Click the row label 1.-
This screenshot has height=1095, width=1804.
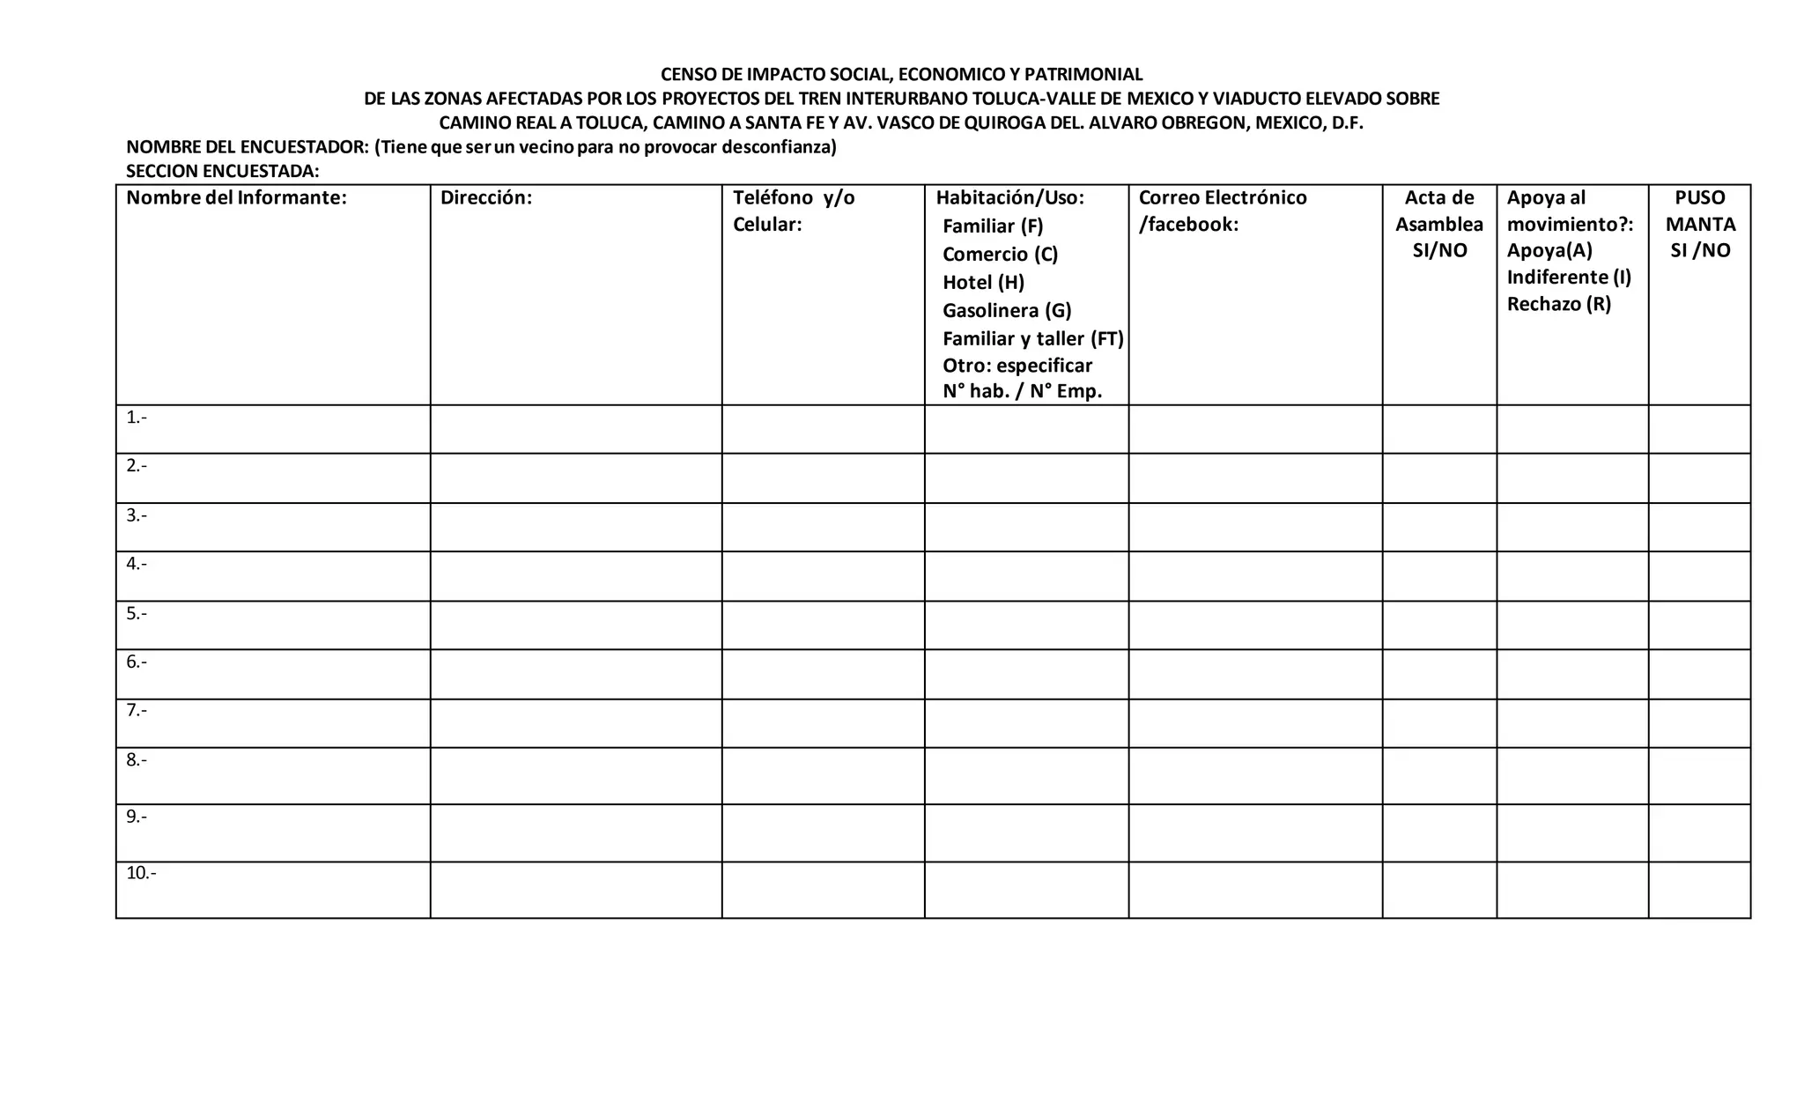click(x=137, y=418)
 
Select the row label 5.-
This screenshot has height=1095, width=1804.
click(x=137, y=613)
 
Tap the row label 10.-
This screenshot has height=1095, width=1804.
click(x=141, y=873)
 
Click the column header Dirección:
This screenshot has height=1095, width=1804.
click(x=486, y=197)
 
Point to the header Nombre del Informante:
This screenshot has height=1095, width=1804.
click(x=236, y=197)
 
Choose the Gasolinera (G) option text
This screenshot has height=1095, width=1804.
click(x=1007, y=310)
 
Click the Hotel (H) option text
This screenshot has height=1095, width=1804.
click(x=983, y=282)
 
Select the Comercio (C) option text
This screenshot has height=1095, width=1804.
click(x=1000, y=254)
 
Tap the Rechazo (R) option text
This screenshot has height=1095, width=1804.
click(x=1558, y=304)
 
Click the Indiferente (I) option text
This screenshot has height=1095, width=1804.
click(x=1569, y=277)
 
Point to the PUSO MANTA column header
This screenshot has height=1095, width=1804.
click(x=1700, y=224)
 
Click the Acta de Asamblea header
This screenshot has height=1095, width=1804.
click(x=1439, y=224)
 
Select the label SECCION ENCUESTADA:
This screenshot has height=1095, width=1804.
click(x=222, y=171)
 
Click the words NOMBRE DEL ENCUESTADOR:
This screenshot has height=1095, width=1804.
click(x=248, y=147)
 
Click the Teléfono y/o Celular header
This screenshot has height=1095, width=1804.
click(x=794, y=211)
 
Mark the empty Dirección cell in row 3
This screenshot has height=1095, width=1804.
click(x=576, y=527)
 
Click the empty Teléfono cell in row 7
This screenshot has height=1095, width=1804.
click(x=823, y=723)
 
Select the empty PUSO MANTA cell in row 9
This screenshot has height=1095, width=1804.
click(x=1699, y=832)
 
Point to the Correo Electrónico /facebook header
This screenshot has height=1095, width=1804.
click(x=1222, y=211)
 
